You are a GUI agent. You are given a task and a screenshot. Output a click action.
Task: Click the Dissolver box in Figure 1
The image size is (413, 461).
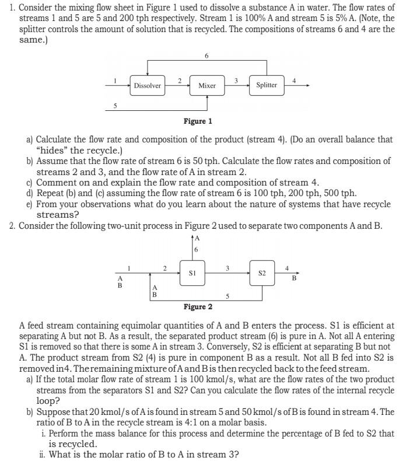[x=147, y=86]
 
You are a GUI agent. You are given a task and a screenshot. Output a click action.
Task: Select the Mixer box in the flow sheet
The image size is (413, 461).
[x=207, y=86]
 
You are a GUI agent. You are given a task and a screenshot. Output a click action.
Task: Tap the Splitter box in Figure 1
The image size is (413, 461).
[x=267, y=85]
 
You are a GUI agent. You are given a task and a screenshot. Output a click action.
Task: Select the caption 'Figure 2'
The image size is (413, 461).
[x=198, y=307]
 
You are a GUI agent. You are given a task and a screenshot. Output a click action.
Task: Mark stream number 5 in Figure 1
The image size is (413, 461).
[x=115, y=106]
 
